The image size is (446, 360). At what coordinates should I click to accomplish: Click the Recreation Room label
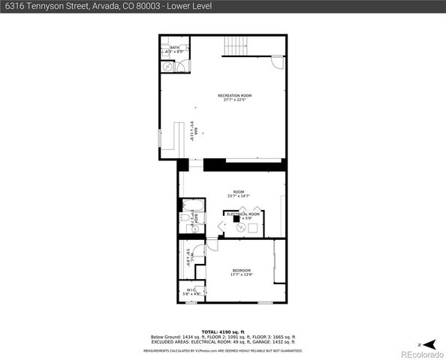pyautogui.click(x=234, y=97)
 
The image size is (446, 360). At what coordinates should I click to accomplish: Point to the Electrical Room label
pyautogui.click(x=243, y=214)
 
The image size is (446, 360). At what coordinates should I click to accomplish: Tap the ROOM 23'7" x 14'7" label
pyautogui.click(x=239, y=194)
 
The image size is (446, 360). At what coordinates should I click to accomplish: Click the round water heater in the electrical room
pyautogui.click(x=241, y=228)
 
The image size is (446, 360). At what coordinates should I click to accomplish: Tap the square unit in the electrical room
pyautogui.click(x=237, y=220)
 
